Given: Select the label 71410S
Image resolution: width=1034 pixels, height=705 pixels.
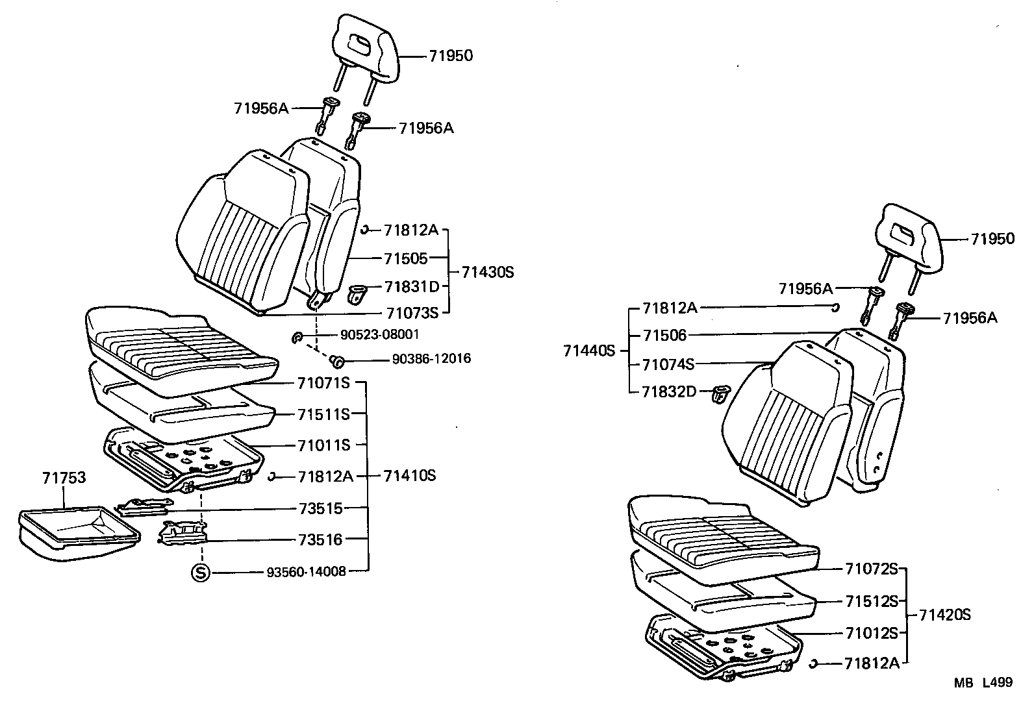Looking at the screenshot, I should (x=409, y=476).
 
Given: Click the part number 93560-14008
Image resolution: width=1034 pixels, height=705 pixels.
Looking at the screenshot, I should (x=306, y=572).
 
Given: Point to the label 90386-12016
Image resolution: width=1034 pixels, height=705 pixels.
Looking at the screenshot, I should (x=431, y=359).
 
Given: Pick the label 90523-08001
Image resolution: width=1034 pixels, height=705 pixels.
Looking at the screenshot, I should (x=379, y=335).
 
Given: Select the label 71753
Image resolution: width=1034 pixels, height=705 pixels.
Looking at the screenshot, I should (x=64, y=478).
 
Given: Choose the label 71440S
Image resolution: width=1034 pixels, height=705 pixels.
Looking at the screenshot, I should (x=589, y=351).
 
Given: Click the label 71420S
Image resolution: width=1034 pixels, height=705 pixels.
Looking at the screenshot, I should (x=945, y=614).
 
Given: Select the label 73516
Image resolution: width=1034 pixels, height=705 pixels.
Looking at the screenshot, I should (x=320, y=539).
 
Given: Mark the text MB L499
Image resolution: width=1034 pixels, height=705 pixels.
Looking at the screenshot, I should (x=983, y=682).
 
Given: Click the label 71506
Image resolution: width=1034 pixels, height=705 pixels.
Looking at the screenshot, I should (x=664, y=336).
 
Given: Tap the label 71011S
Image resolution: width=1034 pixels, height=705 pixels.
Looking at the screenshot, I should (x=323, y=445).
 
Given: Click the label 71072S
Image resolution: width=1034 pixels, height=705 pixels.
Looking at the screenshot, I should (x=871, y=569).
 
